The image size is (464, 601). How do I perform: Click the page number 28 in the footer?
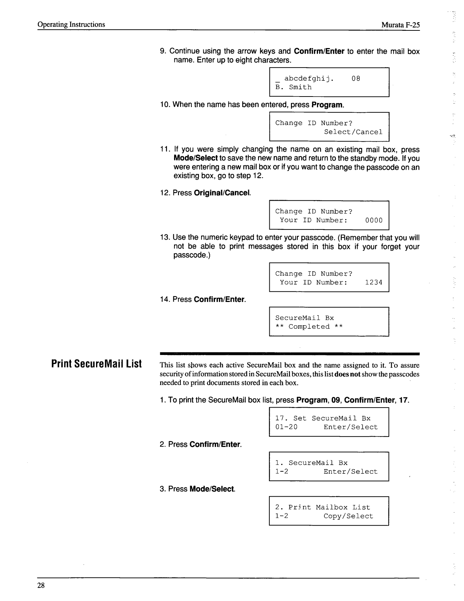41,585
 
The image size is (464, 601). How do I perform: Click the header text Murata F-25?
400,25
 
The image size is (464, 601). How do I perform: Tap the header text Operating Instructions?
71,25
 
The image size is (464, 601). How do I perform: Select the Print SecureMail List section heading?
96,364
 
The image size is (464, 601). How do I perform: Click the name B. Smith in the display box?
293,87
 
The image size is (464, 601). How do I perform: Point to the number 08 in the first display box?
356,79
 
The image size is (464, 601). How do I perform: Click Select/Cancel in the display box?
353,132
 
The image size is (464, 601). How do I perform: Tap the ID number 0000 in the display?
374,220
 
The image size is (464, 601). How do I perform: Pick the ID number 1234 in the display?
374,282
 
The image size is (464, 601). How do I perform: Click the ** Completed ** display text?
309,327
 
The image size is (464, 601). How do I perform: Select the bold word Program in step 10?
327,105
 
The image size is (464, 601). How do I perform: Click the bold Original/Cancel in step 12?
222,193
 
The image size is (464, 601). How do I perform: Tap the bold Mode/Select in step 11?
195,159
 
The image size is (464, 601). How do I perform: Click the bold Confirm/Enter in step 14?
219,300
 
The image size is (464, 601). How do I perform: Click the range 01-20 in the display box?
286,427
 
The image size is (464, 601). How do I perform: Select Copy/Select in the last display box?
348,516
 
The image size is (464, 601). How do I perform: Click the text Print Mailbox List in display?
329,507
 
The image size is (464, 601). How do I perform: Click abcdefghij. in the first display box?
309,79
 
